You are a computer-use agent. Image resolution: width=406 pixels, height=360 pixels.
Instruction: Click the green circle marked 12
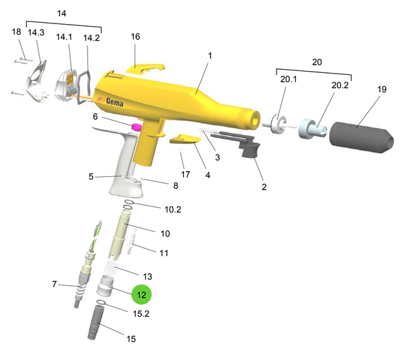141,294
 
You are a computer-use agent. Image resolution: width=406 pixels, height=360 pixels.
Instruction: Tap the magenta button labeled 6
137,127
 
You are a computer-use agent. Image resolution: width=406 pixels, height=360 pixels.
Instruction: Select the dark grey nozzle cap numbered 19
362,137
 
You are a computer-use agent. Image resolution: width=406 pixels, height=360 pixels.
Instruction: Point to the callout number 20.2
340,85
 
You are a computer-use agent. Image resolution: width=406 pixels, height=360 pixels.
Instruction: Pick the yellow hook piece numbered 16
145,68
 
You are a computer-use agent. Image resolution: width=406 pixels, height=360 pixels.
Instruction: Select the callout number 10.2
173,209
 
